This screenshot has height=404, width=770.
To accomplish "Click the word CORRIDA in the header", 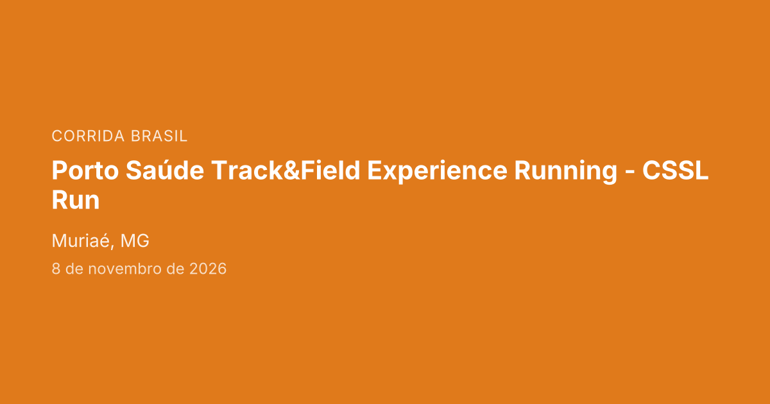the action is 88,136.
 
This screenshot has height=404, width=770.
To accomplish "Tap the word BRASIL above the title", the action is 159,136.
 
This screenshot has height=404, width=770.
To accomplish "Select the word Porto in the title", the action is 85,171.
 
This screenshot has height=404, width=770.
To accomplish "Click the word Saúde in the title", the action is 165,170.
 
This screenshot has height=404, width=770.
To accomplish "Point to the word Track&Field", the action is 286,170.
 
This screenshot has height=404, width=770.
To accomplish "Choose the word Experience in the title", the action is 437,172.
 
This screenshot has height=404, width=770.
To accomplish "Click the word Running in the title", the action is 566,172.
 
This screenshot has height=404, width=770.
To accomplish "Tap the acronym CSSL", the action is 676,170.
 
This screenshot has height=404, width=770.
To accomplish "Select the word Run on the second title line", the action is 76,200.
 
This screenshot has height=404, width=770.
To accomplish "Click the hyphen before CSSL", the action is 629,173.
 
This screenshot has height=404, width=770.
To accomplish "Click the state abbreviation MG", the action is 135,241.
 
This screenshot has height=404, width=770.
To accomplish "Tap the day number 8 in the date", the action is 56,269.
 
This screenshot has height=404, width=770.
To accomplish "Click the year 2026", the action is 208,269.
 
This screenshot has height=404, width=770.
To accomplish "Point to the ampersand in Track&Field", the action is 292,171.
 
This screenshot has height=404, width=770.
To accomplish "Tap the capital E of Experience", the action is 375,171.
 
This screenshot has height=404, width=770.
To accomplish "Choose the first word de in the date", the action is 74,269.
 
